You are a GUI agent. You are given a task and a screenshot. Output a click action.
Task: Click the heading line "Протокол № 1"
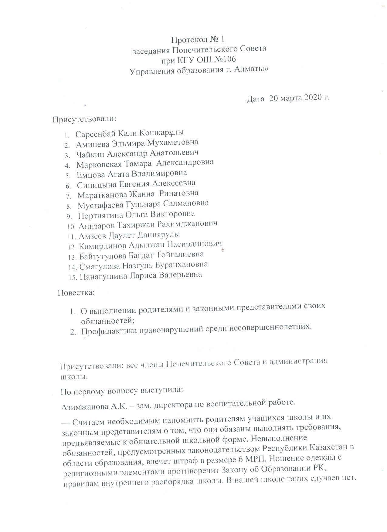[198, 39]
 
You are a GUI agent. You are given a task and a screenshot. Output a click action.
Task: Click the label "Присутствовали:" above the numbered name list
[84, 119]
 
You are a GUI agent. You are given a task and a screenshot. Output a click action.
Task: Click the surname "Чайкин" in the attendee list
[91, 154]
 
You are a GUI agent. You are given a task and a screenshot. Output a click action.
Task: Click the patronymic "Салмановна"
[185, 203]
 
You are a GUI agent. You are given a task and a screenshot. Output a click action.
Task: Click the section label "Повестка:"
[76, 293]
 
